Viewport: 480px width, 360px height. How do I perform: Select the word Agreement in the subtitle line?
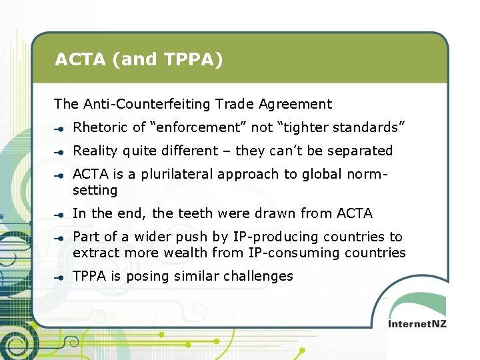pyautogui.click(x=300, y=104)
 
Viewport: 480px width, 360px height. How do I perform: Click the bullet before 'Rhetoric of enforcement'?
pyautogui.click(x=59, y=127)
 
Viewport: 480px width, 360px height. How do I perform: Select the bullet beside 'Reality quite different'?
pyautogui.click(x=59, y=151)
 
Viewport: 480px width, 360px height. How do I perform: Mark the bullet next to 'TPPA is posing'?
pyautogui.click(x=59, y=277)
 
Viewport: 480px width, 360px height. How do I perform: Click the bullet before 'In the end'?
pyautogui.click(x=59, y=214)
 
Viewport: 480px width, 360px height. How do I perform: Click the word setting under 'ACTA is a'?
pyautogui.click(x=95, y=190)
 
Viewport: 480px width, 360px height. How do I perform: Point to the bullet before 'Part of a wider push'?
pyautogui.click(x=59, y=237)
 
